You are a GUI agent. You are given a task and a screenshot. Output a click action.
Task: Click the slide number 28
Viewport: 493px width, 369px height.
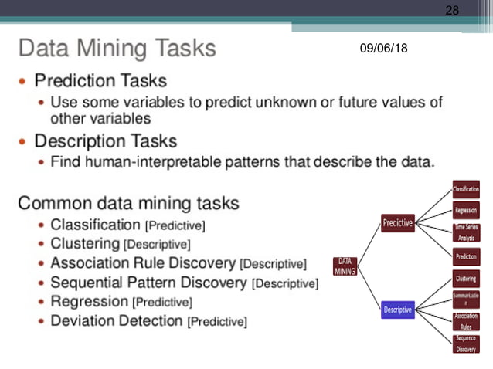click(x=452, y=11)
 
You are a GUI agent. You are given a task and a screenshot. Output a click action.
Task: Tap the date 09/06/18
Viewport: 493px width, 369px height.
click(x=384, y=49)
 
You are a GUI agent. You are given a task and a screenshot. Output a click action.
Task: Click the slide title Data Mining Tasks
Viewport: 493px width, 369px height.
click(x=117, y=49)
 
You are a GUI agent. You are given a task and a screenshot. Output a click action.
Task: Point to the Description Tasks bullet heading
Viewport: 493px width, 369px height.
click(x=105, y=141)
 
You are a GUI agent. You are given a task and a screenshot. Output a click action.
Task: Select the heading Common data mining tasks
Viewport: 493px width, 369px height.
click(x=128, y=204)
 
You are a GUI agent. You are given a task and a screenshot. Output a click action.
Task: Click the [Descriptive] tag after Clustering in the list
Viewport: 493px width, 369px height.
click(x=157, y=245)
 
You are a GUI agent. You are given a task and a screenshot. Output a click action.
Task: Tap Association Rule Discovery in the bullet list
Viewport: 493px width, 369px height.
click(x=144, y=263)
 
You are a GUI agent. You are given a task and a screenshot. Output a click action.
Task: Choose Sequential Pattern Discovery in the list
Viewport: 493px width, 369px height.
click(x=150, y=283)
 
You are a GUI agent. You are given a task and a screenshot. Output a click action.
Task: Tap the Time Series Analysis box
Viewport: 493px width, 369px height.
click(x=466, y=232)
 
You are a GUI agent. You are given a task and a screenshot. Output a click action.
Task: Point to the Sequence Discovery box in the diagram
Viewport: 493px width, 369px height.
click(x=466, y=344)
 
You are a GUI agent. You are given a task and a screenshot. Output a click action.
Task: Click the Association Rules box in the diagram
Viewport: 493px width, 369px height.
click(x=466, y=320)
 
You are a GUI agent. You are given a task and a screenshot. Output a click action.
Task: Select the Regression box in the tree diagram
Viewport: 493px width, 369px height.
click(x=466, y=210)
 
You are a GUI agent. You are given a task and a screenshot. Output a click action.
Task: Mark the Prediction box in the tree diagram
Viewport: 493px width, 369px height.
click(x=466, y=256)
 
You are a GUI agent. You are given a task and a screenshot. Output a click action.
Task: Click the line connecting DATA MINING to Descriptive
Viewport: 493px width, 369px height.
click(x=370, y=288)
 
